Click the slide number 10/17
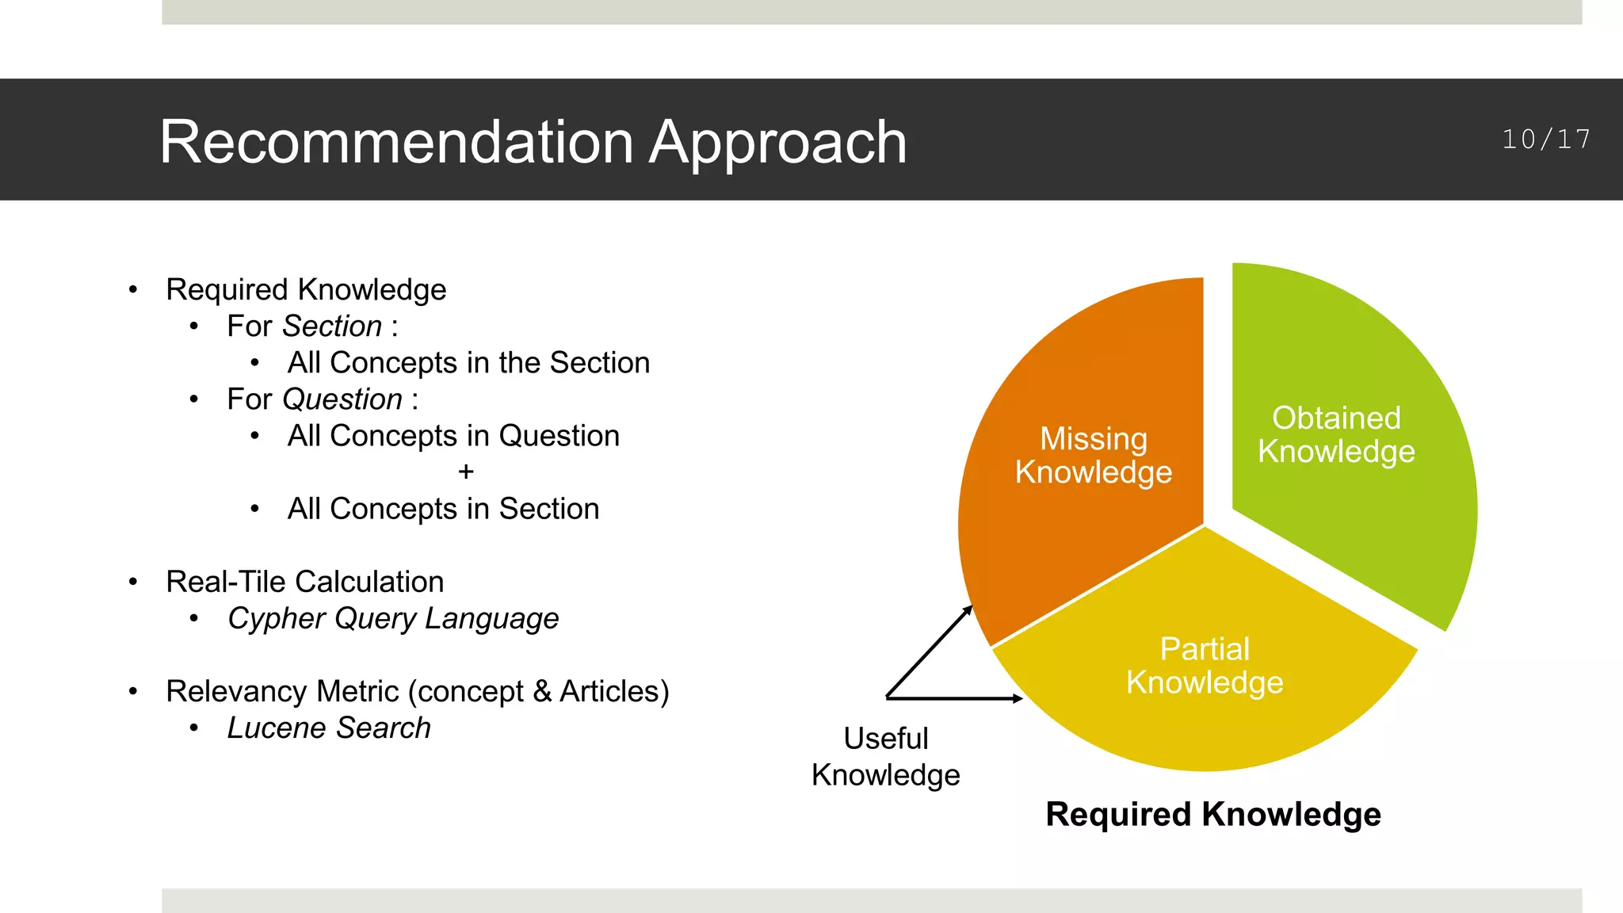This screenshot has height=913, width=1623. pos(1545,139)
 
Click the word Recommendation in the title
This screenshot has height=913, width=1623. pos(396,143)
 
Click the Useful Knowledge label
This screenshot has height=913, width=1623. pos(885,756)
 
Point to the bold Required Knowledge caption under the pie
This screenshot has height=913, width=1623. pos(1212,814)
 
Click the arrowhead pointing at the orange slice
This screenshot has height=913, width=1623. pos(968,609)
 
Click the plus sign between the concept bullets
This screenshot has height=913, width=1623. pos(466,472)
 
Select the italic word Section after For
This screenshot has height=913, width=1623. pos(332,327)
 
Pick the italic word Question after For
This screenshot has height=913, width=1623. pos(342,399)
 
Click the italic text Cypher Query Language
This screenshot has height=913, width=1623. pos(393,618)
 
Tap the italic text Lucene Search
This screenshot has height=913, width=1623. pos(329,728)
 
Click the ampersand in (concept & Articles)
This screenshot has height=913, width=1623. pos(542,691)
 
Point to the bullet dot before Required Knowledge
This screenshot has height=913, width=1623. pos(133,290)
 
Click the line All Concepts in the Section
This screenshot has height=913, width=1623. pos(468,363)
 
